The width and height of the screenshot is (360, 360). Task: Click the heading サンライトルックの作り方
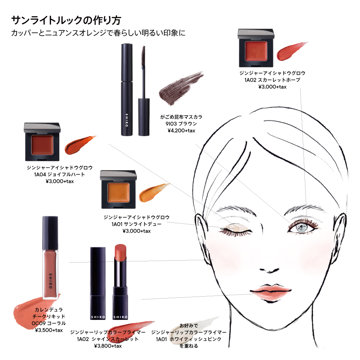pyautogui.click(x=66, y=20)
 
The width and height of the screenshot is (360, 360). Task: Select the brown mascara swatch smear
pyautogui.click(x=181, y=88)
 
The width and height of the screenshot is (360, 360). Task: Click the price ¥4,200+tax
pyautogui.click(x=181, y=130)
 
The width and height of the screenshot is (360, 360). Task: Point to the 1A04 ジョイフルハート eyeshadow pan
pyautogui.click(x=42, y=145)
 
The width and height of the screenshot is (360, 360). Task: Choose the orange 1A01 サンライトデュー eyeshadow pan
pyautogui.click(x=118, y=192)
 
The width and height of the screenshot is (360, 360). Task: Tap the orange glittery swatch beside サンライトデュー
pyautogui.click(x=153, y=192)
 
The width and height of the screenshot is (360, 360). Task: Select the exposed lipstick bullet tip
pyautogui.click(x=120, y=252)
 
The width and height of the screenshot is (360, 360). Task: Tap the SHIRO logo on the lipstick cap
pyautogui.click(x=98, y=317)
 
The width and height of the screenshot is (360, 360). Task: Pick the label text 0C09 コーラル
pyautogui.click(x=49, y=323)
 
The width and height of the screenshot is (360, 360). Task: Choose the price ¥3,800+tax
pyautogui.click(x=108, y=346)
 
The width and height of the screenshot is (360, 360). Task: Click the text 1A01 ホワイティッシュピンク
pyautogui.click(x=189, y=339)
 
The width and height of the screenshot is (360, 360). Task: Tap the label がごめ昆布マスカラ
pyautogui.click(x=181, y=117)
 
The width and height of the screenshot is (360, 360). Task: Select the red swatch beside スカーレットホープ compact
pyautogui.click(x=292, y=51)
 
